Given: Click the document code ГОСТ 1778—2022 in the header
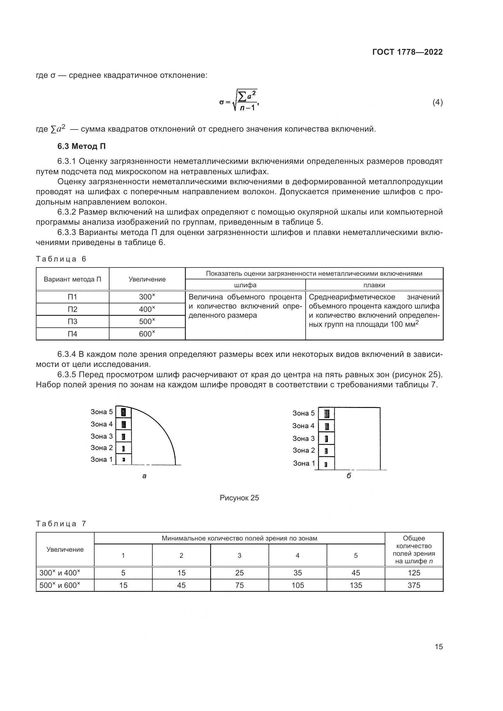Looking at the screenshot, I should (x=407, y=52).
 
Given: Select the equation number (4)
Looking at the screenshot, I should (x=437, y=102).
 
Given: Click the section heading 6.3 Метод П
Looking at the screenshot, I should (x=82, y=147).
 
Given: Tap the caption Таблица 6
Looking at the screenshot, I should (x=61, y=259).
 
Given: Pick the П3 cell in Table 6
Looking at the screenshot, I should (x=72, y=321).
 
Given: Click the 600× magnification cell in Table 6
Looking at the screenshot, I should (x=147, y=334).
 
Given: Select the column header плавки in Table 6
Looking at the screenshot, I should (x=374, y=285).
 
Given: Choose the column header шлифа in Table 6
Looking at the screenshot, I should (x=245, y=285).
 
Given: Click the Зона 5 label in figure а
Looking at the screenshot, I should (x=102, y=412).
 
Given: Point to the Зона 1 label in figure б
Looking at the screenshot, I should (x=304, y=463).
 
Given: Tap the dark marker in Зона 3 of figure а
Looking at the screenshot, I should (x=123, y=437).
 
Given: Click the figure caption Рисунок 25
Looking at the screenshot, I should (x=239, y=498).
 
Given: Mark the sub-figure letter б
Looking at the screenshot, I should (x=349, y=476).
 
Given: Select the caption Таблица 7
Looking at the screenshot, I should (x=61, y=524).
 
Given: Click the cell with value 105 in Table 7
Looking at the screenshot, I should (x=298, y=585).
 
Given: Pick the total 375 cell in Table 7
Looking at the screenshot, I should (x=414, y=585).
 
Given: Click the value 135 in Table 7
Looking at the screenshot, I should (x=356, y=585).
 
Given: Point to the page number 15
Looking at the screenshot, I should (x=439, y=647).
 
